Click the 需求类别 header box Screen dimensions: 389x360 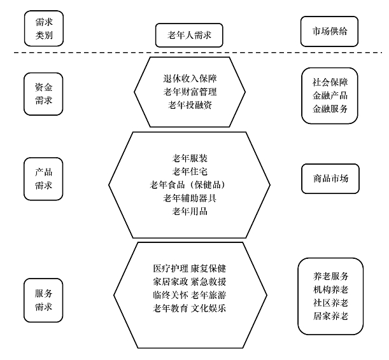pos(44,29)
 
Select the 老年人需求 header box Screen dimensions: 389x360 pos(189,35)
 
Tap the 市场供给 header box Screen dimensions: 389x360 pos(329,31)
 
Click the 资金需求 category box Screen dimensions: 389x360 pos(43,94)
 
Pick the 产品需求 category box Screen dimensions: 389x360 pos(43,179)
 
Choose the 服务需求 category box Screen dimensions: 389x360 pos(43,300)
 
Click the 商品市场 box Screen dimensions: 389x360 pos(330,179)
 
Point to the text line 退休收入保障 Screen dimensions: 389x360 pos(190,78)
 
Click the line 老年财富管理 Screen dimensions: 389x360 pos(190,92)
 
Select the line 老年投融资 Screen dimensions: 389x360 pos(190,105)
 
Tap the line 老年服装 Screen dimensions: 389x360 pos(190,158)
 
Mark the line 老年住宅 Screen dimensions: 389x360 pos(190,172)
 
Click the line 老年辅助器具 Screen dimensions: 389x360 pos(190,198)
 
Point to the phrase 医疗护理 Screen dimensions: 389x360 pos(171,268)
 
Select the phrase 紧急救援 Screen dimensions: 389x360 pos(209,282)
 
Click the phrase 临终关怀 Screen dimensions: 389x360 pos(171,295)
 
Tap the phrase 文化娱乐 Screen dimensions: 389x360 pos(209,308)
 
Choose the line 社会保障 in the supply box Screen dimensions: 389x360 pos(330,82)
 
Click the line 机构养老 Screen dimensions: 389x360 pos(331,289)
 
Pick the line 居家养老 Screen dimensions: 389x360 pos(331,316)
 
